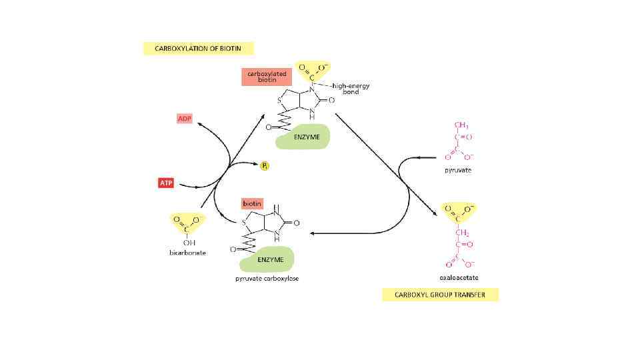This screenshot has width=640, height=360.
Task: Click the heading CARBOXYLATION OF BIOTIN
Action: point(199,48)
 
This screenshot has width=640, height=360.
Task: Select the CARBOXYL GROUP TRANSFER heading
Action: point(440,294)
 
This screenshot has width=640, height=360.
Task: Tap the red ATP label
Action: point(166,183)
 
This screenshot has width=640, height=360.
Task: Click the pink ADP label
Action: point(184,119)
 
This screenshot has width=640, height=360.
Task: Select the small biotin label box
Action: point(252,203)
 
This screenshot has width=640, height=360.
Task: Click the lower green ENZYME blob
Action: point(270,259)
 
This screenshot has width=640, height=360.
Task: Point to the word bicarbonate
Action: point(187,253)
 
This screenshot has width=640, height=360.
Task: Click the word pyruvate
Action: point(458,170)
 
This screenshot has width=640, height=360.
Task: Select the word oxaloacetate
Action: point(459,277)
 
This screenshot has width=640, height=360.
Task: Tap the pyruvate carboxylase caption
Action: point(267,278)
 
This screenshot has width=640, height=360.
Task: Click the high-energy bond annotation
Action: point(351,89)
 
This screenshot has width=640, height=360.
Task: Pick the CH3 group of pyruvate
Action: point(461,125)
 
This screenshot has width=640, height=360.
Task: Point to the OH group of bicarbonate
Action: point(187,242)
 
